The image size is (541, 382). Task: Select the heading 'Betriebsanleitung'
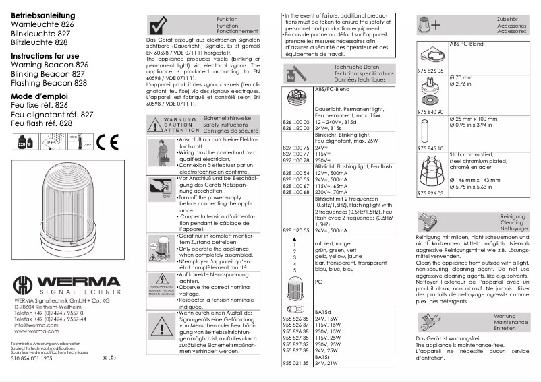(39, 14)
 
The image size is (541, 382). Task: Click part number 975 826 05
(430, 70)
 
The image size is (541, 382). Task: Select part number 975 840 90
(430, 110)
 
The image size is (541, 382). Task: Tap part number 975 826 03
(430, 193)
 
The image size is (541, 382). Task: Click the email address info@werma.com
(36, 325)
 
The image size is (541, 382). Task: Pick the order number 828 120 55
(295, 230)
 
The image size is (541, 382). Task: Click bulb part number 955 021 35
(295, 363)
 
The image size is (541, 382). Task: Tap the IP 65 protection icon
(51, 142)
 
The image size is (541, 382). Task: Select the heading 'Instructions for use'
(45, 55)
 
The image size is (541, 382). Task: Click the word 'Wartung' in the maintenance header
(505, 315)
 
